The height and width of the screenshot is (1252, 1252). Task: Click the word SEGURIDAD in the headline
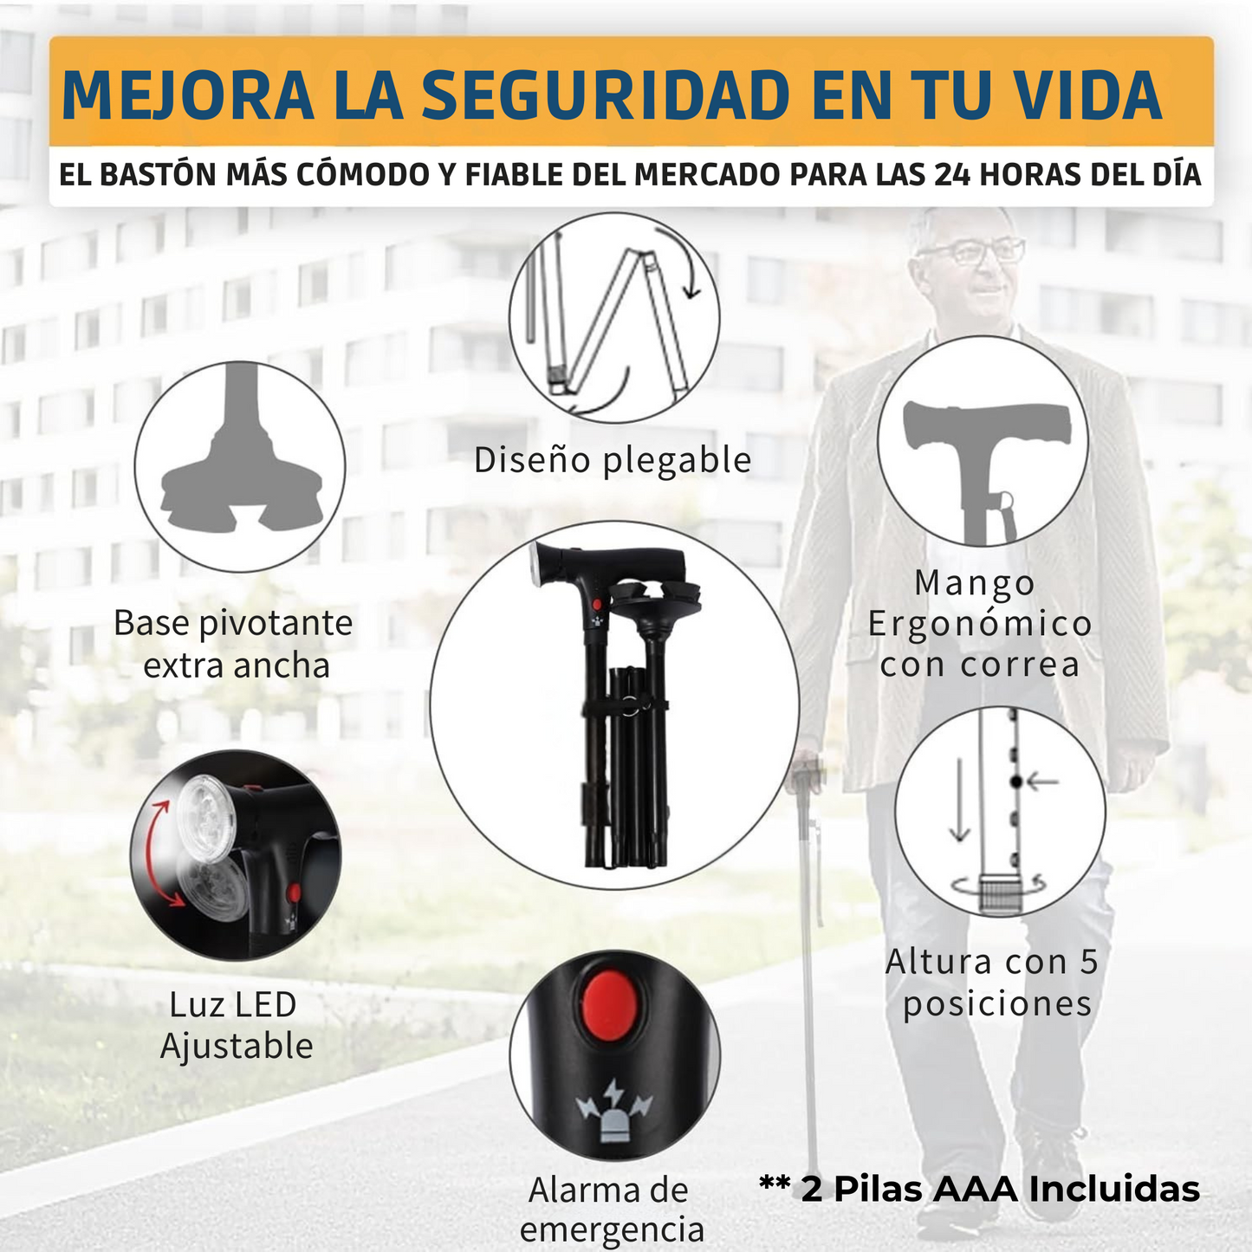coord(605,95)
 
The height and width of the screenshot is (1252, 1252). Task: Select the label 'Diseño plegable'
coord(613,460)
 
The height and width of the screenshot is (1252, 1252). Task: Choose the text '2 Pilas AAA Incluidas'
coord(1000,1189)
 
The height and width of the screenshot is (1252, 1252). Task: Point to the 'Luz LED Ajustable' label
coord(235,1026)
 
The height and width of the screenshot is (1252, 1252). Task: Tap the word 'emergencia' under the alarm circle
coord(612,1229)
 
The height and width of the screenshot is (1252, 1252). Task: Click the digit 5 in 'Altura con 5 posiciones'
coord(1088,963)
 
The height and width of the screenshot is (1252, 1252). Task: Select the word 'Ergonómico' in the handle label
coord(980,624)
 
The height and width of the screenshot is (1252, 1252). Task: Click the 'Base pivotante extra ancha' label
coord(234,644)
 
